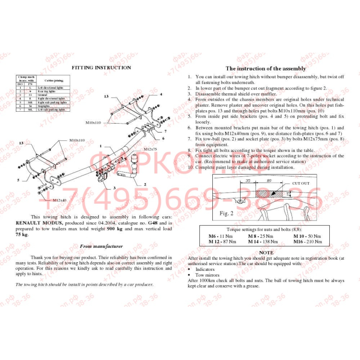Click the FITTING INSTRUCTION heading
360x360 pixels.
pos(101,68)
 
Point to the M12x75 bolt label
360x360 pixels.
pos(151,150)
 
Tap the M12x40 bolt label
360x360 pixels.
pos(59,200)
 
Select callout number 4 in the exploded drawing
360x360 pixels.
pos(161,94)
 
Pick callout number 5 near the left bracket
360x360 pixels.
pos(18,180)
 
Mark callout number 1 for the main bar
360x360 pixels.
pos(101,145)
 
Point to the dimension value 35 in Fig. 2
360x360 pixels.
pos(248,181)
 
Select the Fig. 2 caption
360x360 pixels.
pos(226,213)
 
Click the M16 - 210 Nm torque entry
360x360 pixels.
pos(307,242)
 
